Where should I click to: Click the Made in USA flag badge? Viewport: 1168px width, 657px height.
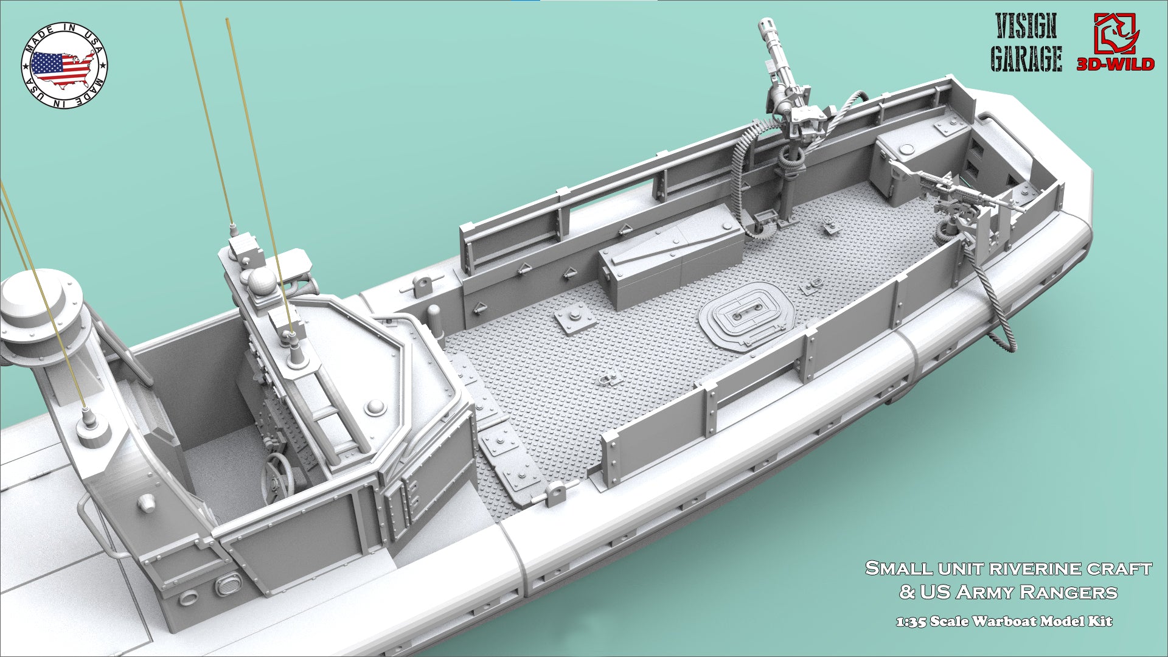pyautogui.click(x=64, y=64)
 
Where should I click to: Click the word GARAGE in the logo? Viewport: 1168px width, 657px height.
pyautogui.click(x=1026, y=59)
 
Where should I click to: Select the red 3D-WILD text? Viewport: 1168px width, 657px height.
pyautogui.click(x=1116, y=64)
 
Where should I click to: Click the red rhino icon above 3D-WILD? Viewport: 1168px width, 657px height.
pyautogui.click(x=1116, y=32)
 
